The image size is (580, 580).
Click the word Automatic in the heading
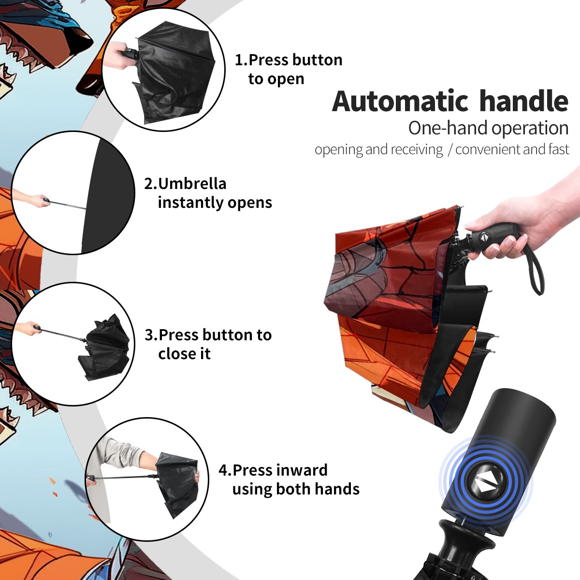point(400,101)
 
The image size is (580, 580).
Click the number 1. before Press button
point(241,60)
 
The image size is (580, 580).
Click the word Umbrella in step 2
point(192,184)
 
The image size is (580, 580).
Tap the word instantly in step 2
point(191,202)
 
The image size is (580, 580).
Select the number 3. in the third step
point(151,335)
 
